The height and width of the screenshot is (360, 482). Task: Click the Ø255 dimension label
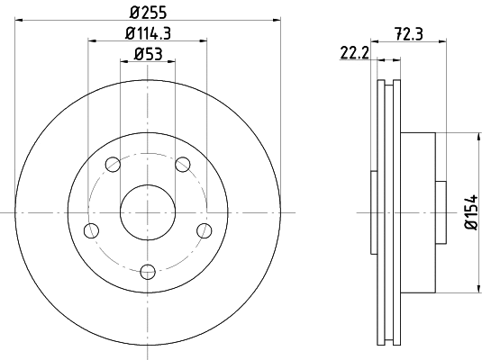[x=148, y=13]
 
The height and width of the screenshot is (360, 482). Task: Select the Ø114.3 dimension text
[x=148, y=34]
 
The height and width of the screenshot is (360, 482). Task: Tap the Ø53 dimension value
[x=148, y=55]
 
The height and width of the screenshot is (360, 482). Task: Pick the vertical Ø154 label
[x=469, y=212]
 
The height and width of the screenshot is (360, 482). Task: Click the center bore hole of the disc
[x=148, y=212]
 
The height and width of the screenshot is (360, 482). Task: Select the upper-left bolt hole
[x=113, y=165]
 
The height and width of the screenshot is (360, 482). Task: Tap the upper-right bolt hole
[x=183, y=165]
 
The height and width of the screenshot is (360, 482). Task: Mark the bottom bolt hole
[x=148, y=270]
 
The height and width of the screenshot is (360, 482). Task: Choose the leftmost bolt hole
[x=91, y=230]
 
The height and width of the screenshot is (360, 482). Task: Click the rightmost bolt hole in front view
[x=205, y=230]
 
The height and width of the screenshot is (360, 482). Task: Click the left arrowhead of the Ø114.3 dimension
[x=92, y=40]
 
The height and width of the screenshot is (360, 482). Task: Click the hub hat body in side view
[x=416, y=212]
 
